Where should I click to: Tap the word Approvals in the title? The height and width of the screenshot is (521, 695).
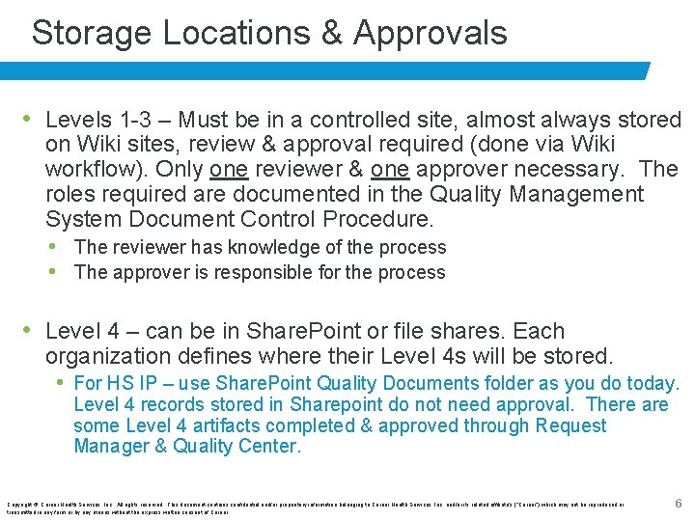pyautogui.click(x=431, y=34)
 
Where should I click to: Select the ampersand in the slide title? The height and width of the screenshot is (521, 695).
pyautogui.click(x=331, y=34)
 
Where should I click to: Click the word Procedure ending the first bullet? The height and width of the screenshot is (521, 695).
pyautogui.click(x=377, y=218)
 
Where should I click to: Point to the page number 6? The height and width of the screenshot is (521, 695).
pyautogui.click(x=677, y=503)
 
